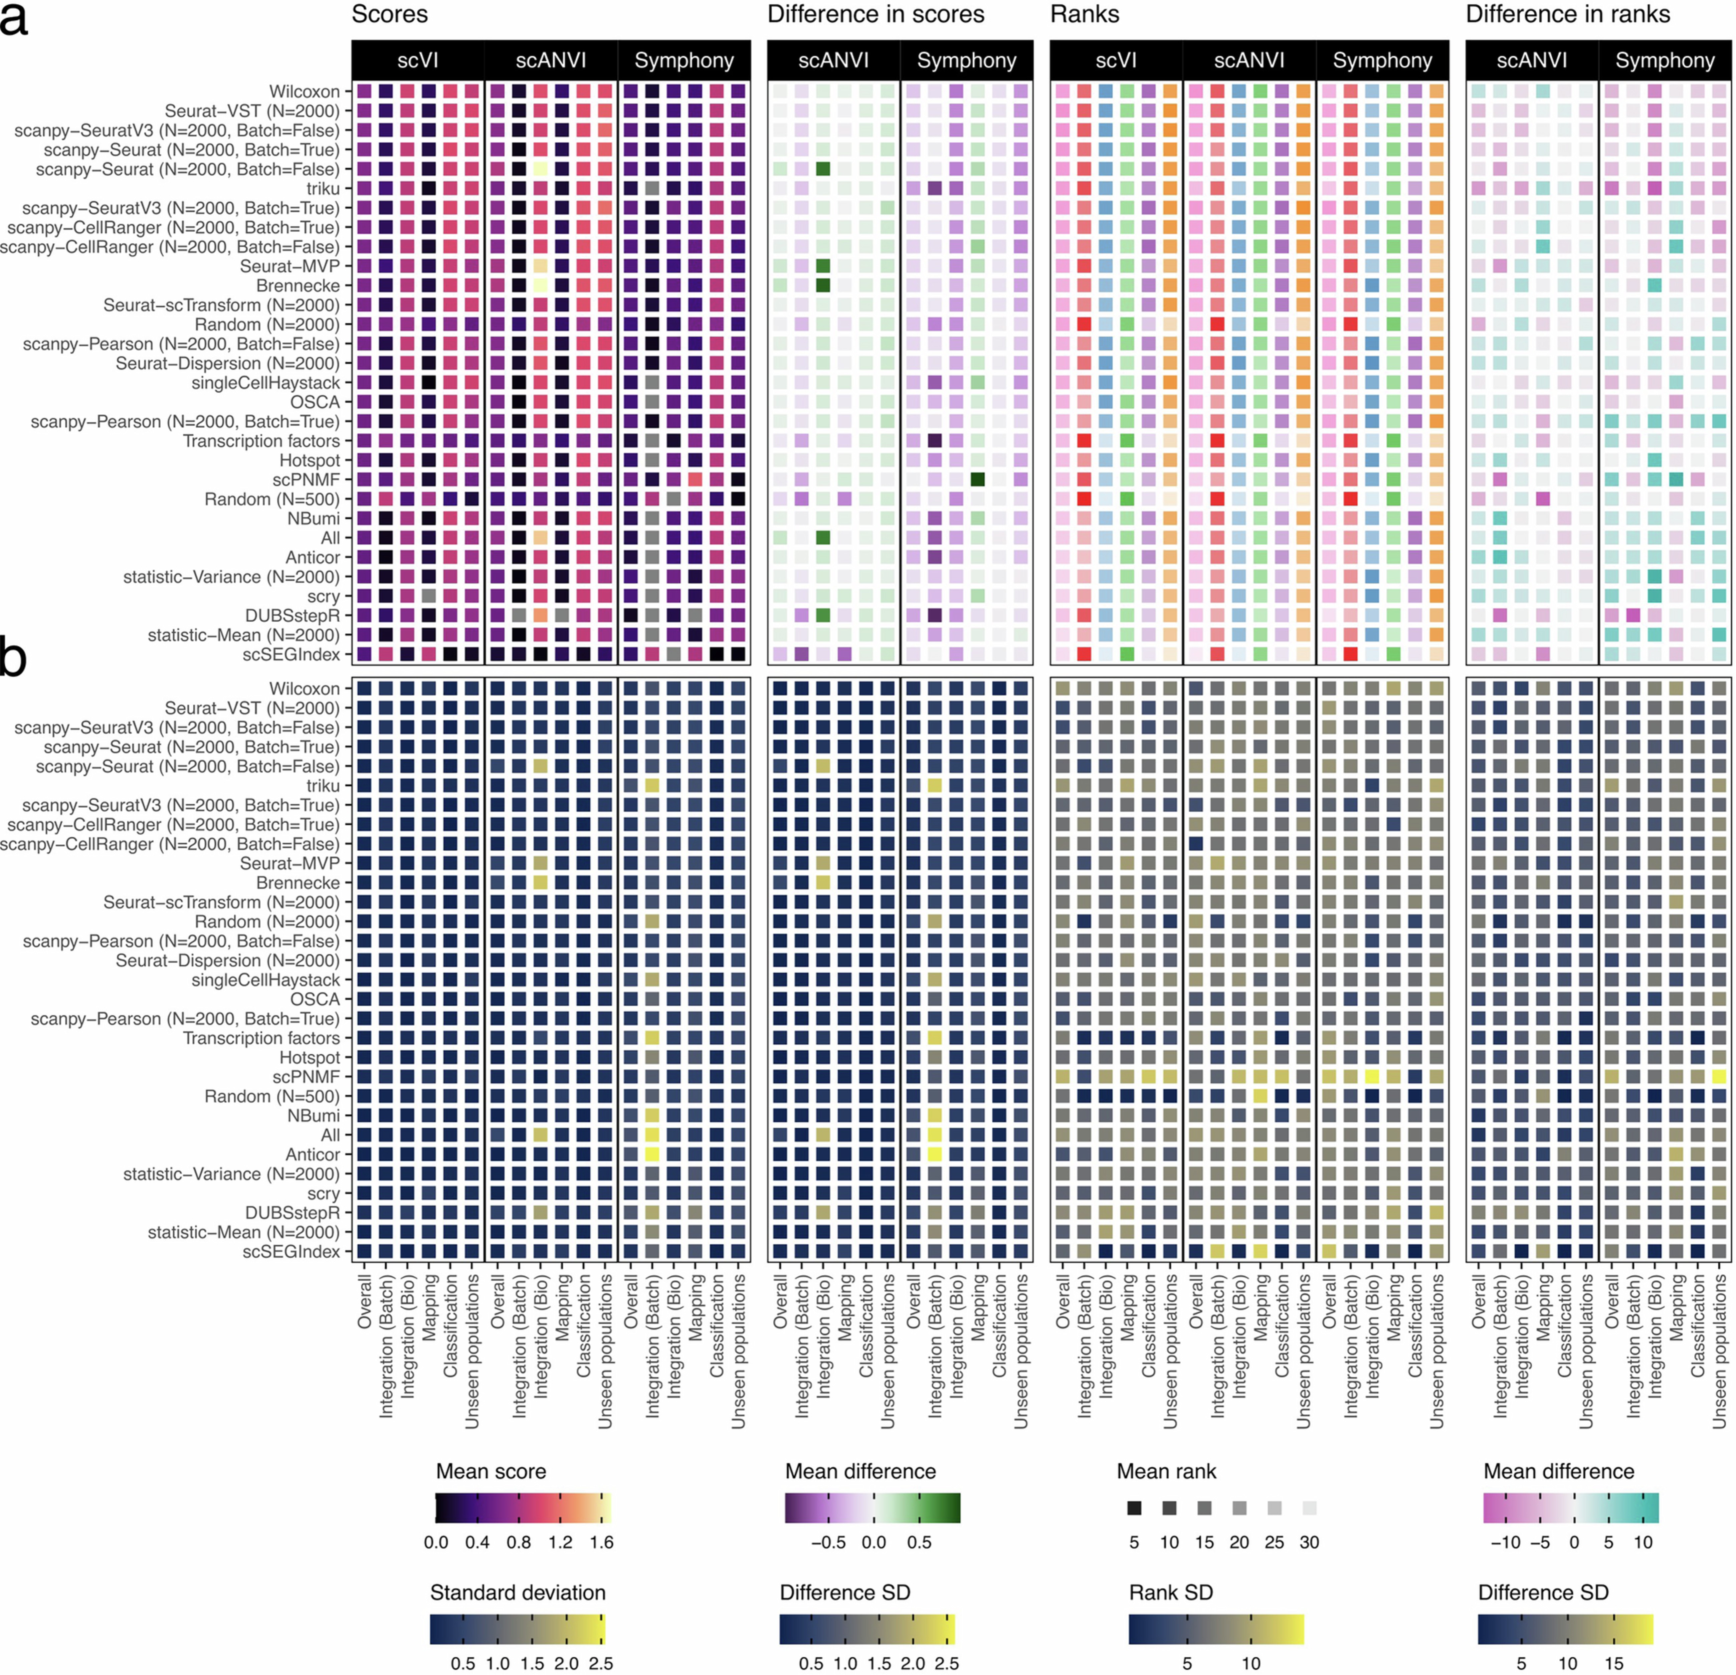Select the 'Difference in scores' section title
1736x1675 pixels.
click(875, 14)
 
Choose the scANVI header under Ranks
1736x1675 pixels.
click(1249, 60)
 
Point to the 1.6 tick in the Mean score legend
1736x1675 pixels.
click(601, 1542)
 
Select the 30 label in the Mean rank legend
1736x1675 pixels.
click(1309, 1542)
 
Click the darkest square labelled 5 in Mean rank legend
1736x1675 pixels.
click(1134, 1508)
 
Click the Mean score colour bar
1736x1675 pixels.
click(523, 1508)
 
